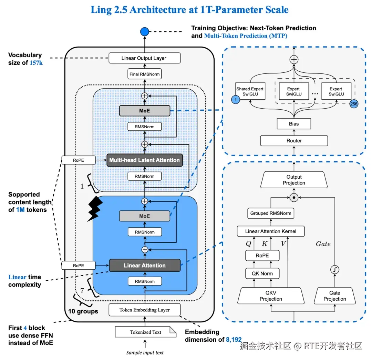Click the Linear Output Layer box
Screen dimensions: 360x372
144,58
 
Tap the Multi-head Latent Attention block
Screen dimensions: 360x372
144,160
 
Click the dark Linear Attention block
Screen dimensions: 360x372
145,266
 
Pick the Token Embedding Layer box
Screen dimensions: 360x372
144,310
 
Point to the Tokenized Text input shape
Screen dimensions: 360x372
145,332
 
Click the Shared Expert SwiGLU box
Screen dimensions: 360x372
250,91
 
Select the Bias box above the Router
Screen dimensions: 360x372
294,123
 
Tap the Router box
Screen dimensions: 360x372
294,140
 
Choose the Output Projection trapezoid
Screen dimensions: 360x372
294,180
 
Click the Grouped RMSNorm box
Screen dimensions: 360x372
270,213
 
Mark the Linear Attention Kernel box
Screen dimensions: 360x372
270,231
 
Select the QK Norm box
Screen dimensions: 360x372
262,273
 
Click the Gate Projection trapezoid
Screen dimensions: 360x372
334,296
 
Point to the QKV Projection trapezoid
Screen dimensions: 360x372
271,296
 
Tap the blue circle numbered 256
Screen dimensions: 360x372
354,103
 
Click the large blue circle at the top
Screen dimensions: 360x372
144,32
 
